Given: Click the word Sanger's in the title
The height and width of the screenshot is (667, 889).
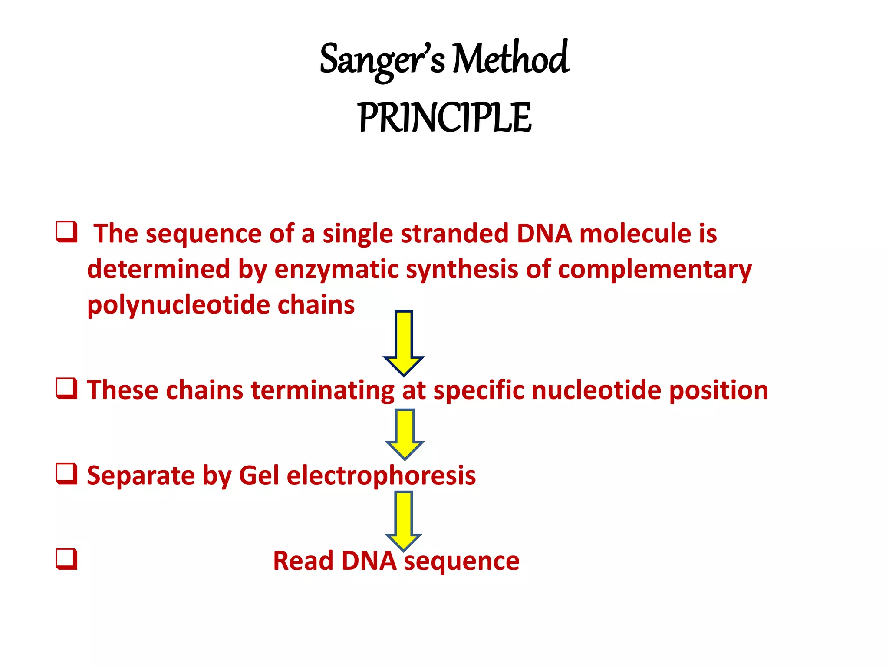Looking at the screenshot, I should (382, 60).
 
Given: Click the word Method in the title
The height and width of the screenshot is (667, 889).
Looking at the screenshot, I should (510, 59).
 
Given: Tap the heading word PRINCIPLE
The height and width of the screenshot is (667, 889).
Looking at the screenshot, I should (444, 118).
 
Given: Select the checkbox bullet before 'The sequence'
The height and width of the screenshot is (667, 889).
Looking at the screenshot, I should (66, 232).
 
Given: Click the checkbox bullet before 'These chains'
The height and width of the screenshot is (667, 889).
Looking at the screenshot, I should (66, 388).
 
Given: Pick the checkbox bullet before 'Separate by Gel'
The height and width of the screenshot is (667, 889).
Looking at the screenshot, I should (66, 474).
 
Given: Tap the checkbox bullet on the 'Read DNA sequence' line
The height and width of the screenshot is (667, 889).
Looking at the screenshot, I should (66, 559).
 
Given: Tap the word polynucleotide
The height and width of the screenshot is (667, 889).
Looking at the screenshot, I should (178, 305).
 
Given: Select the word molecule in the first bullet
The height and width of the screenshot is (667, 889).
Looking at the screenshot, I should (635, 234).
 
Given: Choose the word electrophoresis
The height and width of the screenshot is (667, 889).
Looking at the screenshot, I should (381, 475).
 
